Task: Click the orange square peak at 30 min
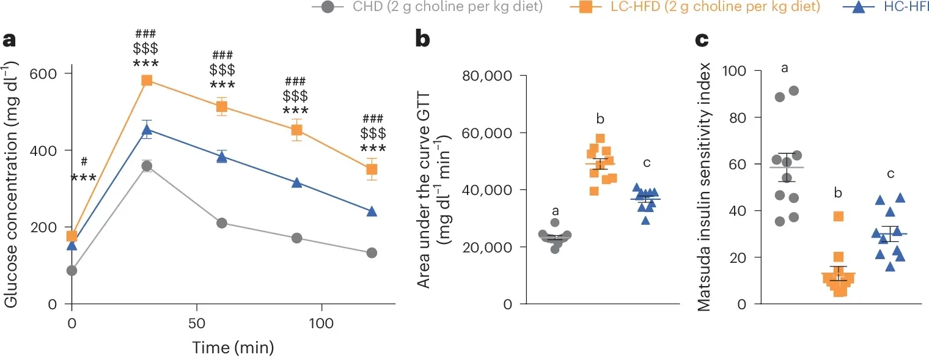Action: [147, 80]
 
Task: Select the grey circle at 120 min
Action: [371, 253]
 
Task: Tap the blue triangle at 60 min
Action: [222, 157]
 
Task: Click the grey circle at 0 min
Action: [72, 271]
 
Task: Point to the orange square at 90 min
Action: [296, 130]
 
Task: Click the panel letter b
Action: [424, 40]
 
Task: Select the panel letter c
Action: [703, 40]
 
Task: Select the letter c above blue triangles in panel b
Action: [647, 163]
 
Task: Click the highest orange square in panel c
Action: [839, 216]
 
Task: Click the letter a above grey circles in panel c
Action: [784, 67]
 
